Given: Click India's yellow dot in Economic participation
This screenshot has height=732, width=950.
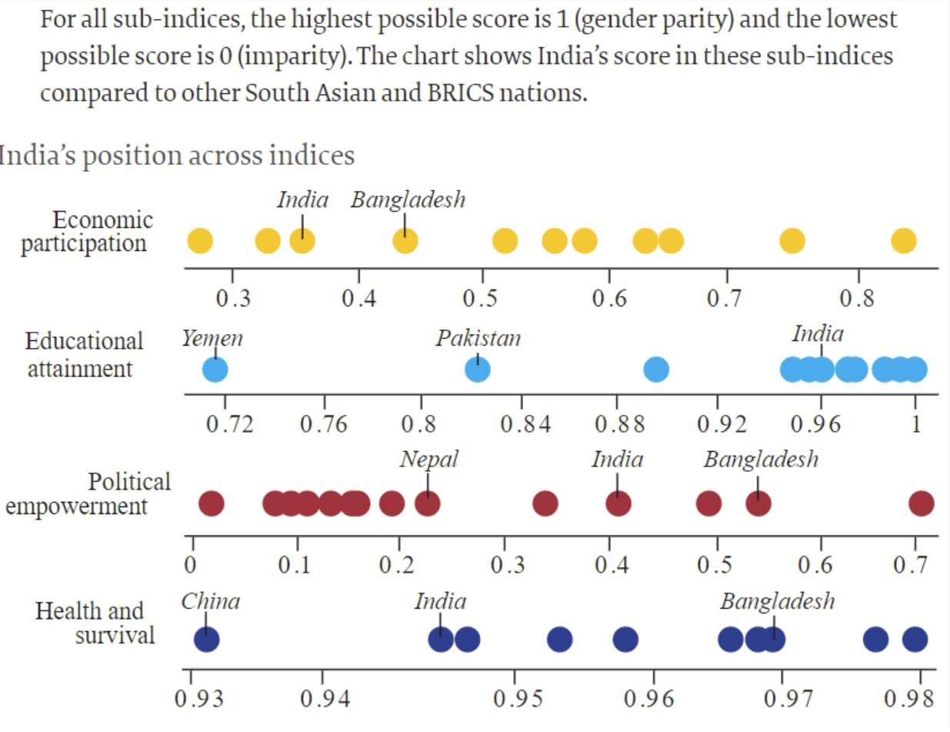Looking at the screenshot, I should tap(302, 241).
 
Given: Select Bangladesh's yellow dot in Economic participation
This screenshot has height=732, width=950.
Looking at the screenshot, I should tap(405, 241).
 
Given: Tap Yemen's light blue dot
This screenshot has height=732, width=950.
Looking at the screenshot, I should tap(215, 370).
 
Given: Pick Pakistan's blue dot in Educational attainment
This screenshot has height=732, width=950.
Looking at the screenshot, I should tap(478, 370).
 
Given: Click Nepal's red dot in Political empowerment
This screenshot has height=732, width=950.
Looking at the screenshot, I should tap(428, 504).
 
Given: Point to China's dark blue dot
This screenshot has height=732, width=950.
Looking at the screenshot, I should tap(206, 639).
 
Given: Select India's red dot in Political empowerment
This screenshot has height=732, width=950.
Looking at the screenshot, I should tap(618, 504).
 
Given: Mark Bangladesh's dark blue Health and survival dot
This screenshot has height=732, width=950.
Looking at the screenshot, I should tap(772, 639).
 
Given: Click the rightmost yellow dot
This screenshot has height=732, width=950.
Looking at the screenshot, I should tap(904, 241).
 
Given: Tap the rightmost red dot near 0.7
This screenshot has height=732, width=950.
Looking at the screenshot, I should tap(922, 504).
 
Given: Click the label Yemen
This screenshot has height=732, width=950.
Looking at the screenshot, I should tap(212, 338).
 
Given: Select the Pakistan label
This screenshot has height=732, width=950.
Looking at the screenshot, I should tap(478, 338).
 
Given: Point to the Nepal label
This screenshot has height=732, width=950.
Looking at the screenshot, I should tap(428, 460).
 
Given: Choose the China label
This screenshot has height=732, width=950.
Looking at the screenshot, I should tap(211, 601).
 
